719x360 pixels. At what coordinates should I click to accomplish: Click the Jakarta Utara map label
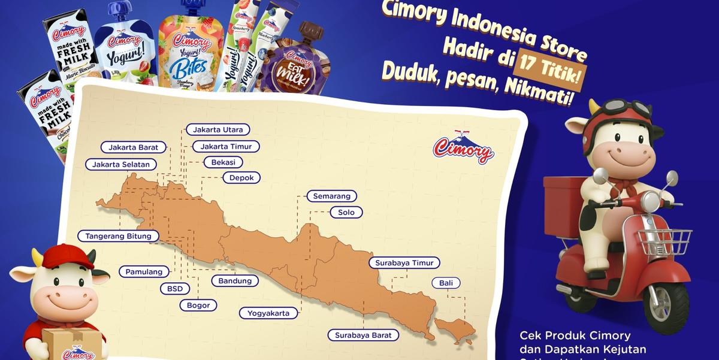217,129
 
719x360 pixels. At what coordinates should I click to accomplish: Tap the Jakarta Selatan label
121,164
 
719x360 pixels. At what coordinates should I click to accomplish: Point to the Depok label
241,178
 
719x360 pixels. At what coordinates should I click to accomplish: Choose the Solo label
346,212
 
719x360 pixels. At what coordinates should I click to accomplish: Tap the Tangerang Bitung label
119,236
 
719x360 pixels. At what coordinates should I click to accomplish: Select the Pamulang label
144,272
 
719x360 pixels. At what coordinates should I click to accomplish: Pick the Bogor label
198,305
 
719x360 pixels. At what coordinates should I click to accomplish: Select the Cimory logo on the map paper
463,146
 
